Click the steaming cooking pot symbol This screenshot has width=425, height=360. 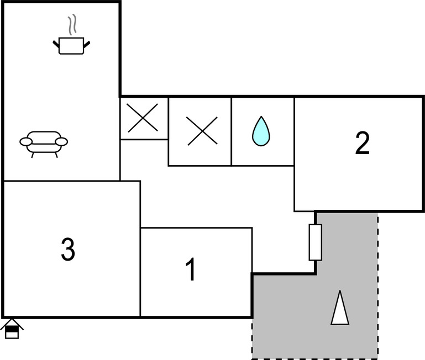[x=71, y=44]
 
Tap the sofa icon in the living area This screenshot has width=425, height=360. [x=44, y=142]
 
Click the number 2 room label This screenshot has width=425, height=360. [x=361, y=144]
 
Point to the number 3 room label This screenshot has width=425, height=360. [x=67, y=250]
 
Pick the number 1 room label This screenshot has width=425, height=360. [x=191, y=271]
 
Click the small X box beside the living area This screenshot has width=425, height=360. [x=144, y=118]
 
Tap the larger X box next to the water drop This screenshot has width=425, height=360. [x=200, y=131]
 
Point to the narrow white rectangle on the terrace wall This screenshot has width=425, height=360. [x=315, y=242]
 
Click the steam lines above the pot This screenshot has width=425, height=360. [x=72, y=25]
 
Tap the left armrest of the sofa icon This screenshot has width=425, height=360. [x=26, y=142]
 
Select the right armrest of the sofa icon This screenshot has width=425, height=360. [x=62, y=141]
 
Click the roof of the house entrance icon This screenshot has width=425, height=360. [x=12, y=322]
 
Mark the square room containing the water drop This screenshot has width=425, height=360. [x=262, y=131]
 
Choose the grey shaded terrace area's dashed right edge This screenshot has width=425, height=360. [x=378, y=287]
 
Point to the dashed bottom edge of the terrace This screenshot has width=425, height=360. [x=315, y=358]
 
